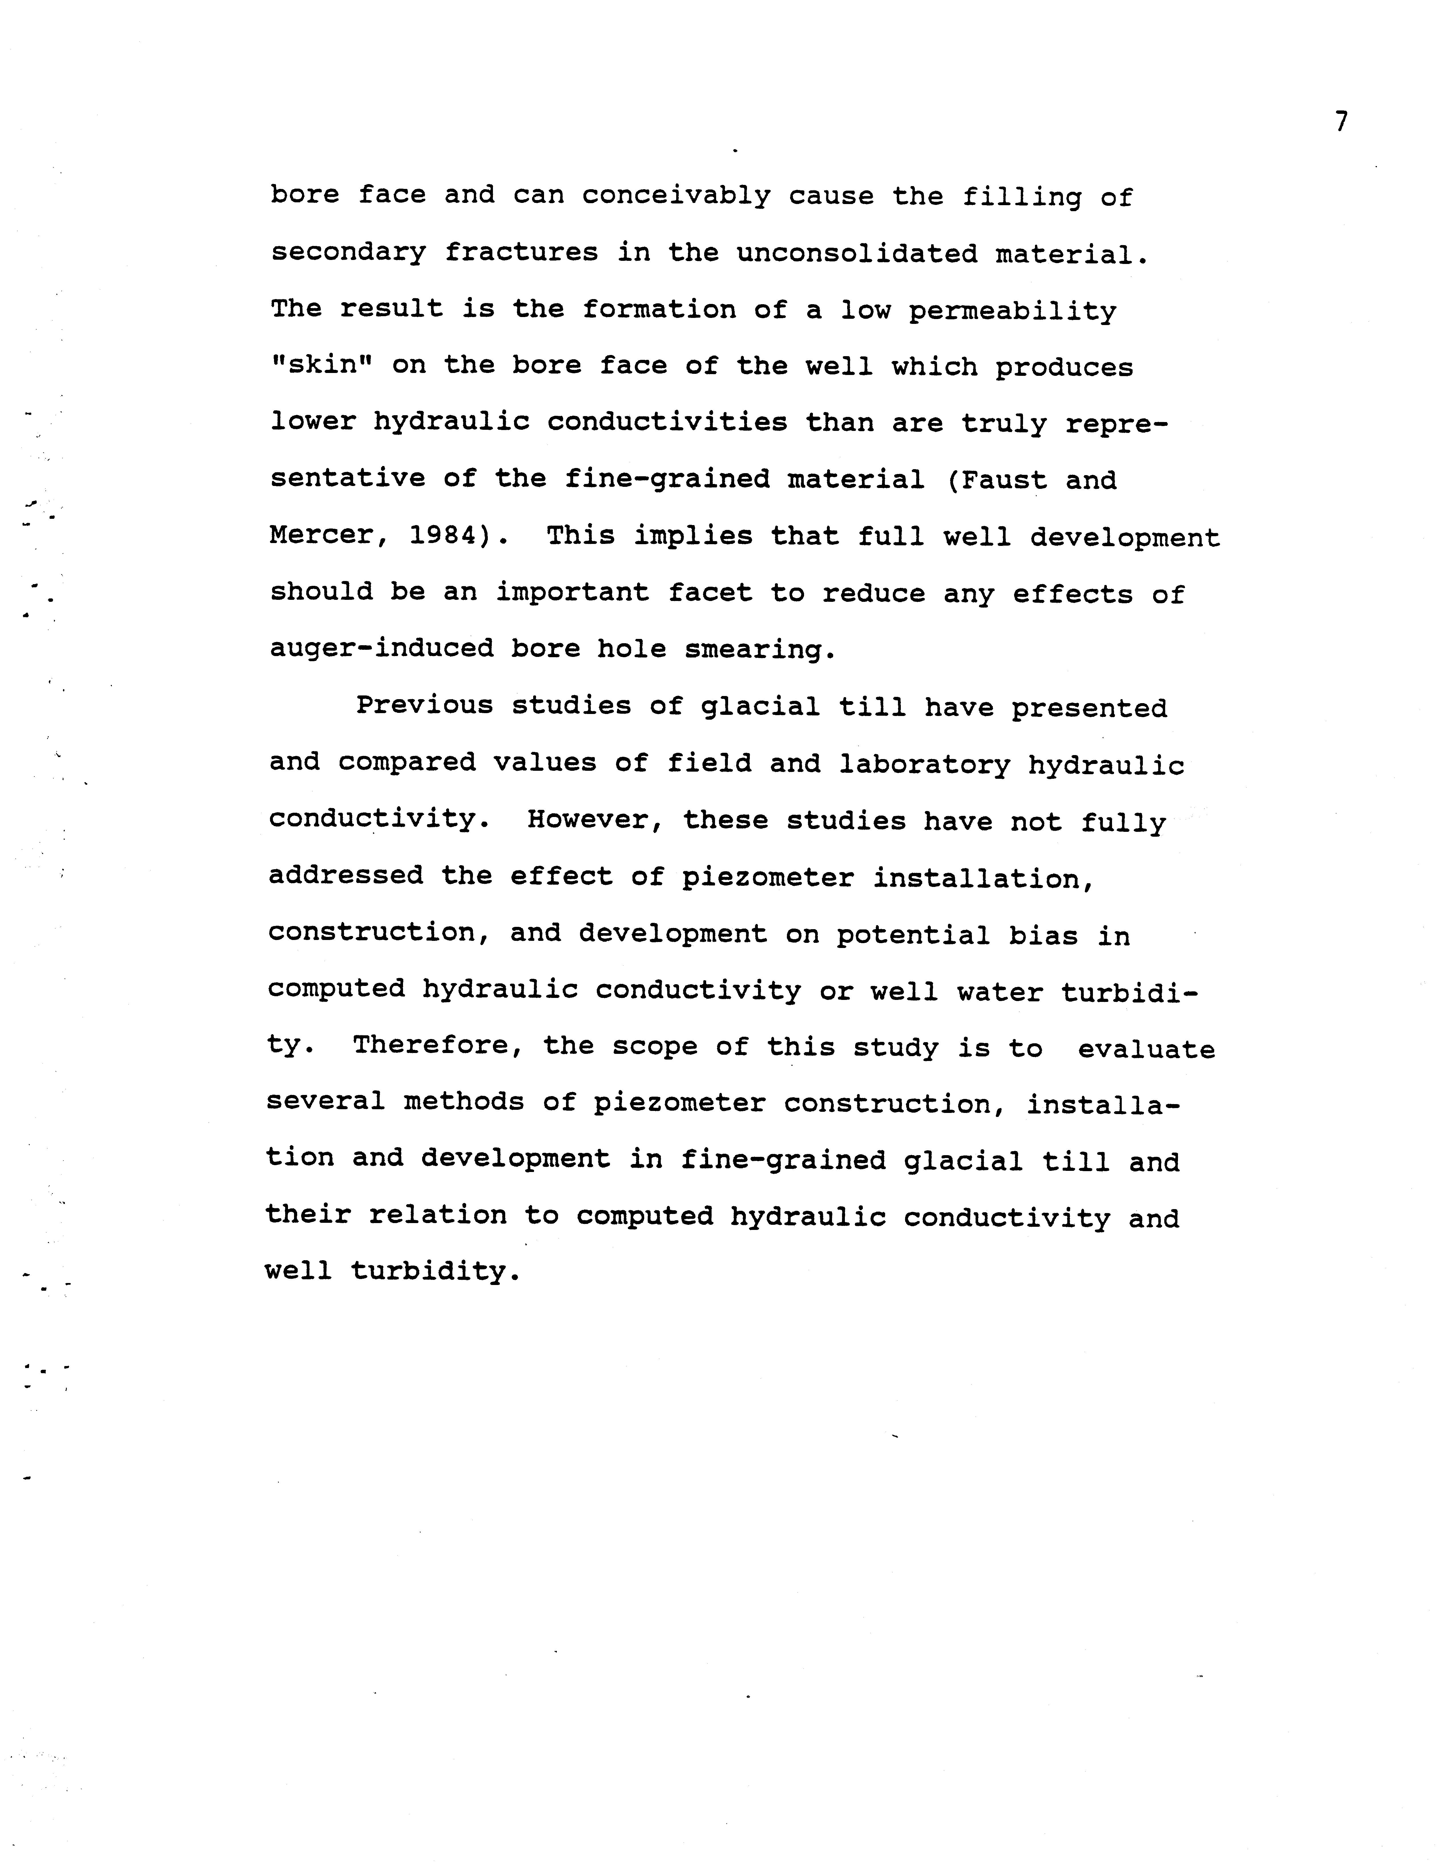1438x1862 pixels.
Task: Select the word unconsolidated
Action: (856, 253)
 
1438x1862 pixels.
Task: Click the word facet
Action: (710, 592)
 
